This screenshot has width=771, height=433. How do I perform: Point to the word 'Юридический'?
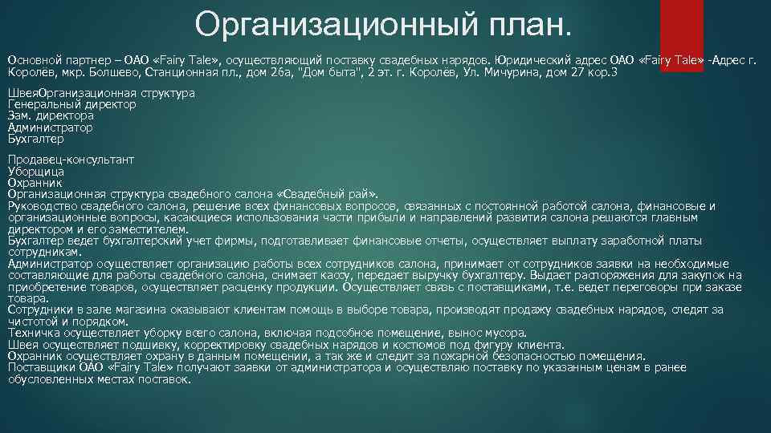pos(534,60)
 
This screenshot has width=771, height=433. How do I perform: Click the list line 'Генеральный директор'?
pos(71,105)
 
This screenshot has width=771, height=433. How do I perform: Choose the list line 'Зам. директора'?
pos(51,116)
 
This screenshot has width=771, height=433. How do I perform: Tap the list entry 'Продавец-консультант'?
pos(71,160)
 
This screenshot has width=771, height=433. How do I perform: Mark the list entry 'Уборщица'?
pos(35,172)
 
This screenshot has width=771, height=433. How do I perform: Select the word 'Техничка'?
pos(33,334)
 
